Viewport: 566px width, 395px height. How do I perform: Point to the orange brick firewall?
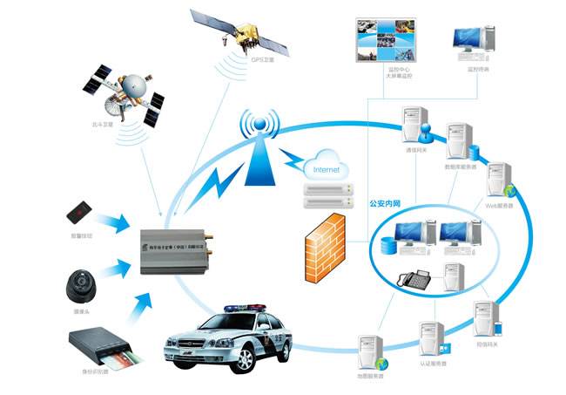pyautogui.click(x=325, y=248)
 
